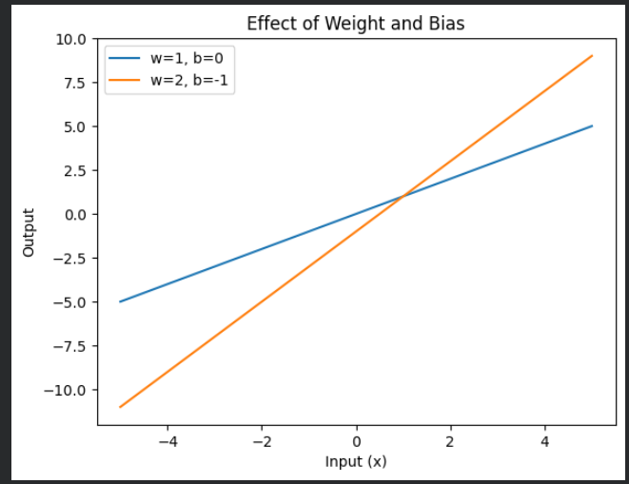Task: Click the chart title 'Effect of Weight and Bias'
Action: click(356, 24)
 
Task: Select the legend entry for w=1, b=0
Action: click(186, 58)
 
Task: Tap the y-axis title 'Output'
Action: click(29, 232)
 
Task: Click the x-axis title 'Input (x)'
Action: click(356, 462)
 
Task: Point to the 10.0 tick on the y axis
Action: click(69, 39)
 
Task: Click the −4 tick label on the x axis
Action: click(167, 441)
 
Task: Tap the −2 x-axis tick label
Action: click(262, 441)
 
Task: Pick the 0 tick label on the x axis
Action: click(356, 441)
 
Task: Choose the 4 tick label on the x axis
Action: click(544, 441)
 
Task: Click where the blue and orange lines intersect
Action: click(403, 196)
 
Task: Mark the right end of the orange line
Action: click(592, 56)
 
